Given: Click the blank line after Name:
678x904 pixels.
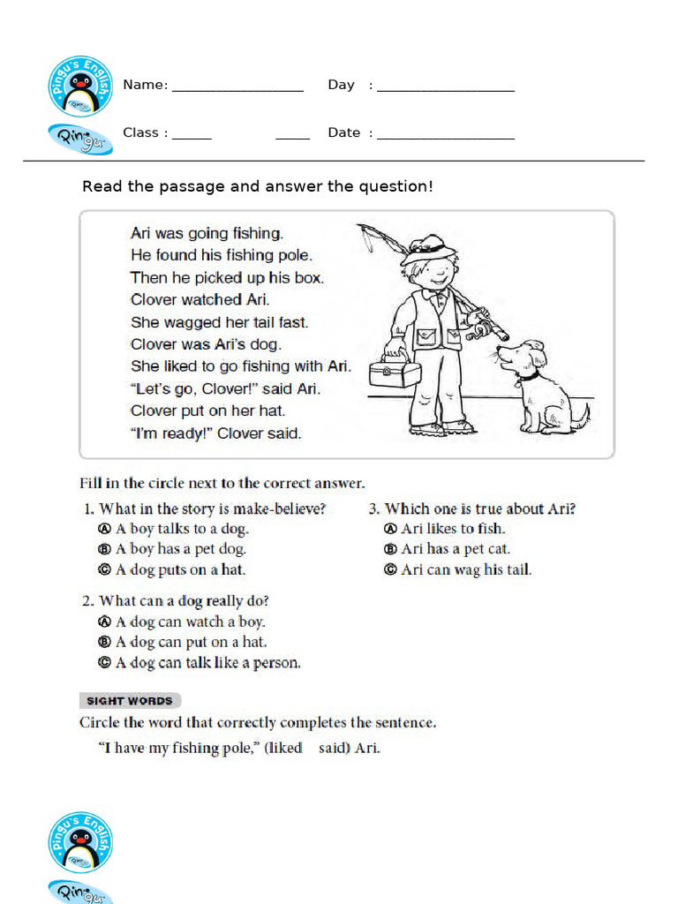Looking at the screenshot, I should [237, 89].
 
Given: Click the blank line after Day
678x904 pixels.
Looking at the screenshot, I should [445, 89].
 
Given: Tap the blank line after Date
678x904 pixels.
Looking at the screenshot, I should [445, 138].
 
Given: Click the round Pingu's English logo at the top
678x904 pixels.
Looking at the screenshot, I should [80, 85].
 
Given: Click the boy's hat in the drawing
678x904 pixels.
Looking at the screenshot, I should [428, 248].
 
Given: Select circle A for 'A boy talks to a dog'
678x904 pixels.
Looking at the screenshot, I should [103, 529].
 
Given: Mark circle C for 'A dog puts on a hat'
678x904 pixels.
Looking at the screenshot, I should [103, 569].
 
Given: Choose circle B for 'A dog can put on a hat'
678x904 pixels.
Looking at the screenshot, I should [103, 642].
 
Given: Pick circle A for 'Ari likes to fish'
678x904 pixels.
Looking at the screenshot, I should [391, 529].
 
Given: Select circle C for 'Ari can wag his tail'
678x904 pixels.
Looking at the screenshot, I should [391, 569].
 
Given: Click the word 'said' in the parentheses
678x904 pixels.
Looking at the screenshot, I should [334, 748].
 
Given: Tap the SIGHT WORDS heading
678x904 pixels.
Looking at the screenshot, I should [130, 701].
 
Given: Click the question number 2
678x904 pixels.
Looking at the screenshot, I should [87, 601].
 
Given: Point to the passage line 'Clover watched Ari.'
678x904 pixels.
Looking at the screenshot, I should [200, 299].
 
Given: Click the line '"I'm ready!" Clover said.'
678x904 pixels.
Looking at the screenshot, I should [215, 433].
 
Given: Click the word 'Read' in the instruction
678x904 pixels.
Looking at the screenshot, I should [99, 186].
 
